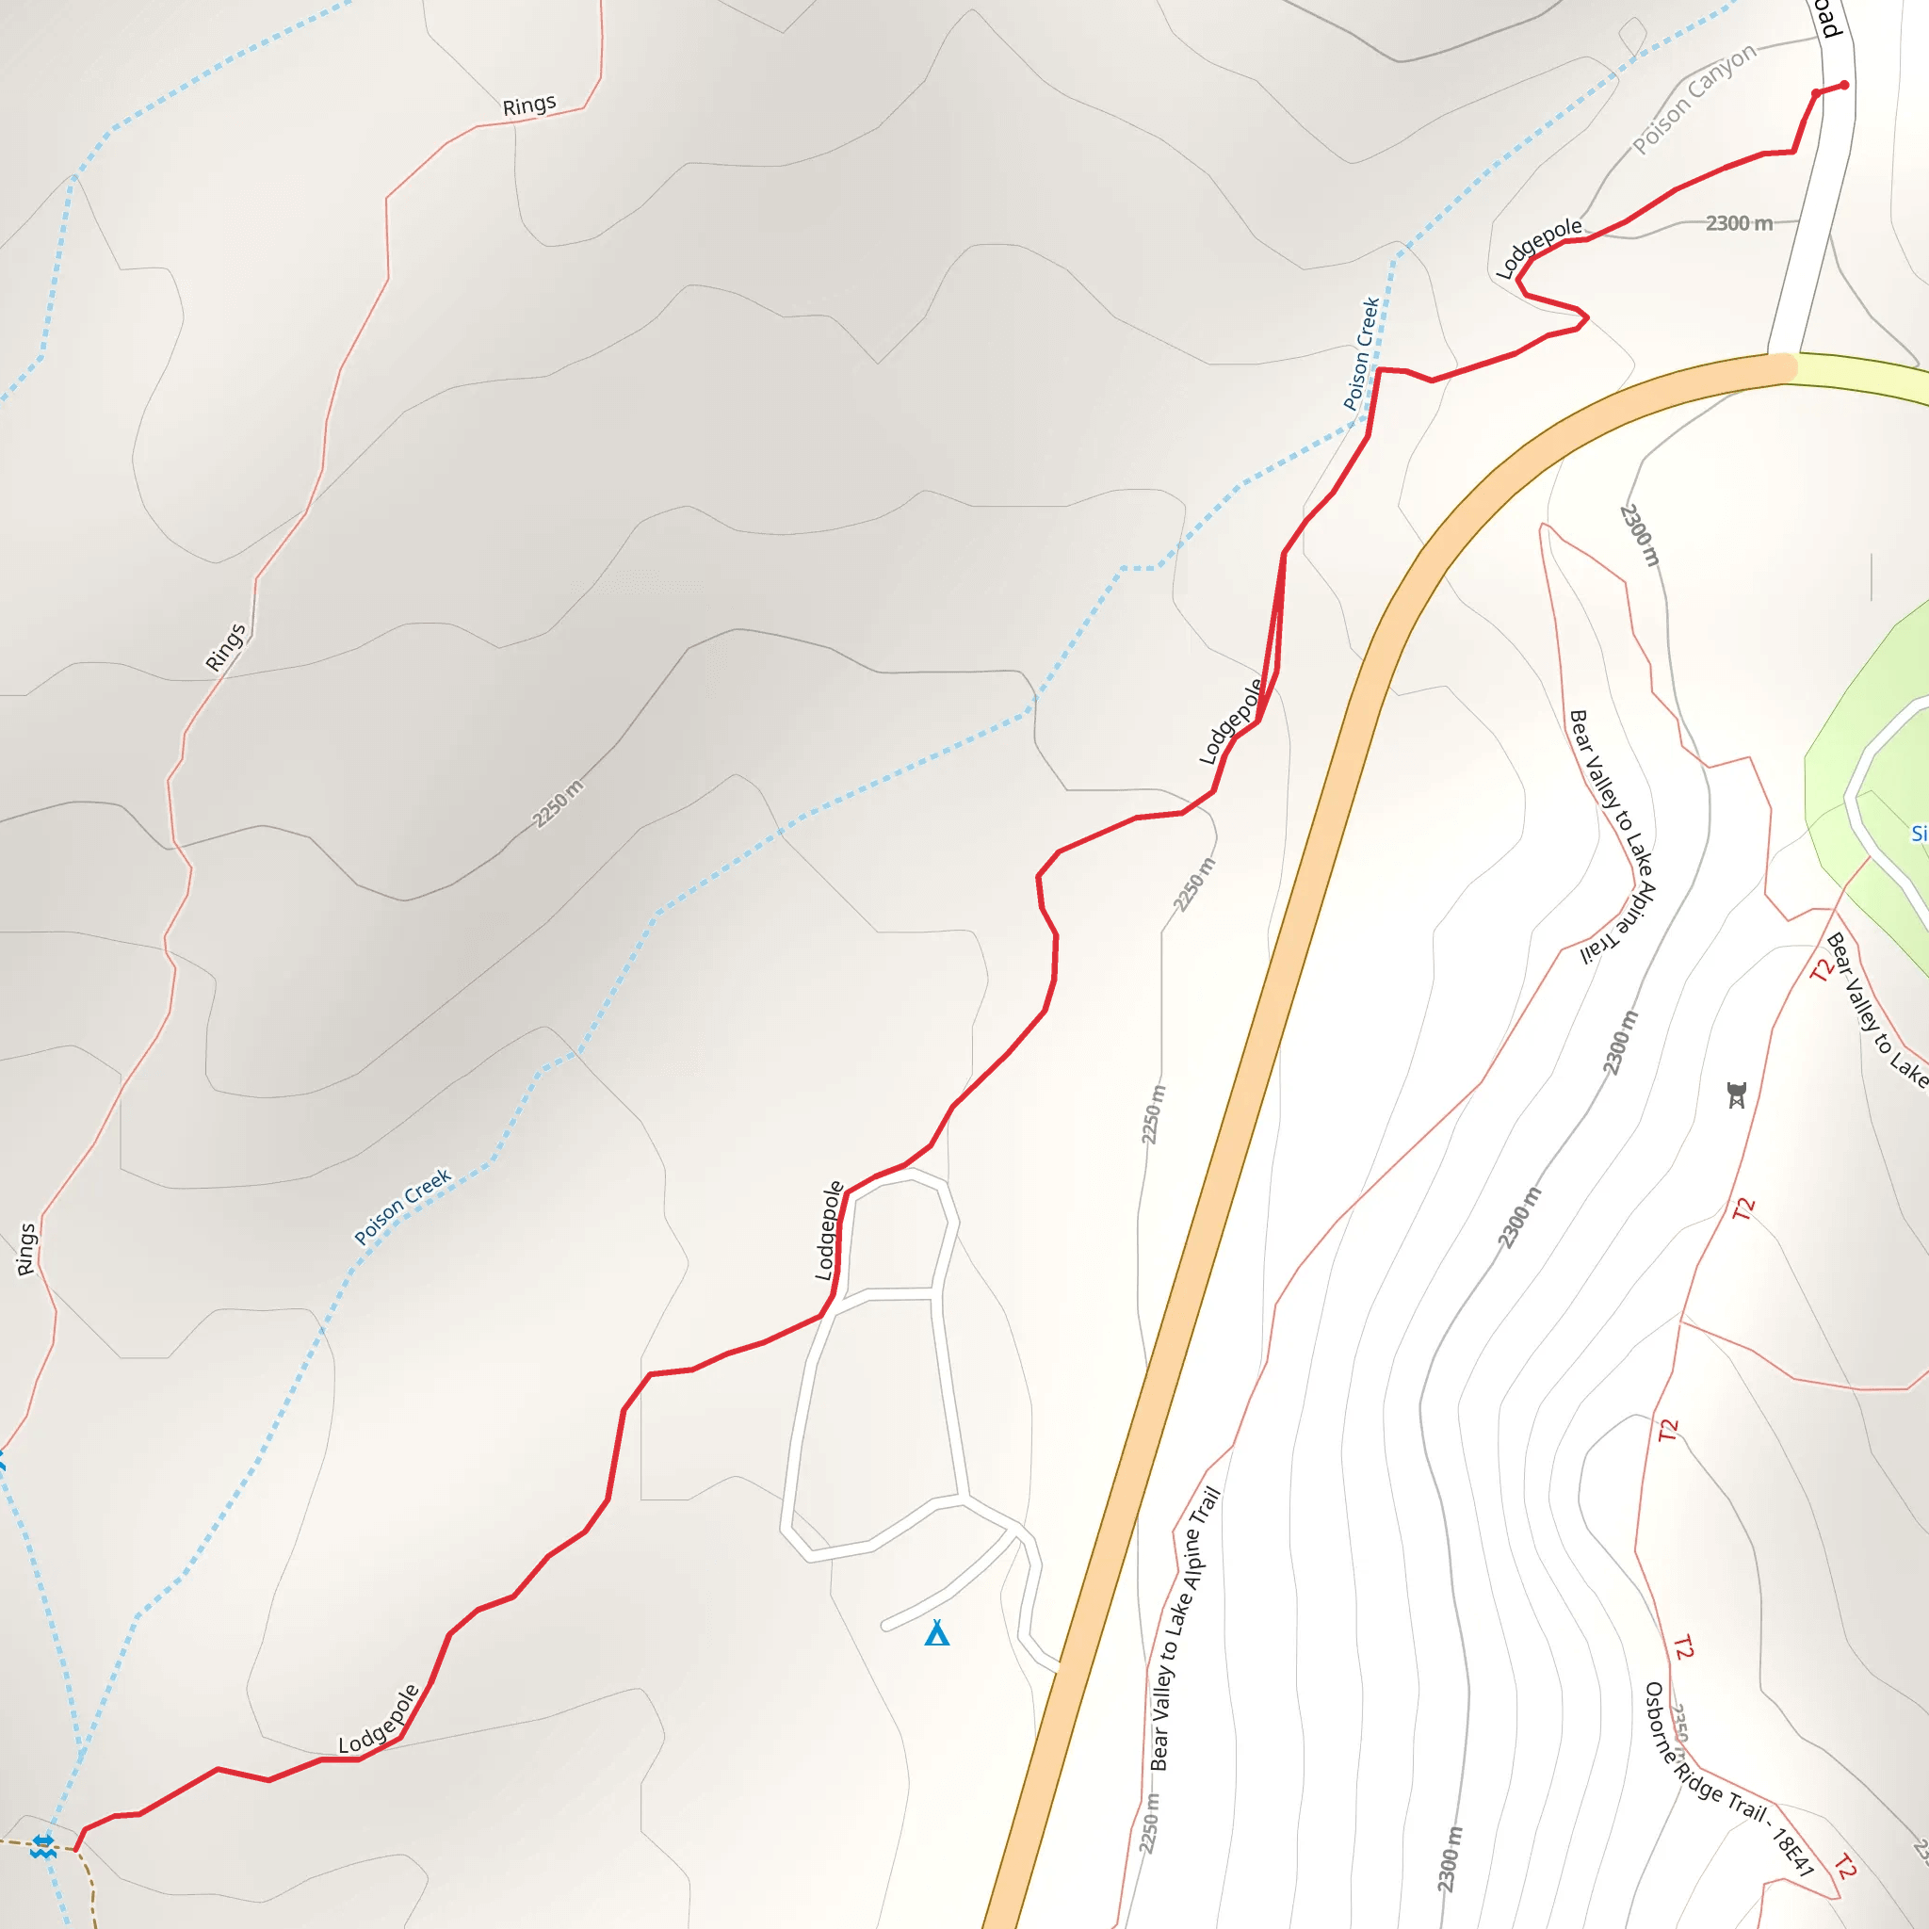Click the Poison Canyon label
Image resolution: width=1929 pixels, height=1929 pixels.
[1694, 99]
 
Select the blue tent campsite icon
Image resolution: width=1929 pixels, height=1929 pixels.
[936, 1633]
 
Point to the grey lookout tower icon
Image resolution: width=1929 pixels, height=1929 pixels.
[1737, 1095]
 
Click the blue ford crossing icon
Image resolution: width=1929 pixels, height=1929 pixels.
[42, 1846]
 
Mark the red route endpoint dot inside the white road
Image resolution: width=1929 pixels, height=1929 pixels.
[1844, 85]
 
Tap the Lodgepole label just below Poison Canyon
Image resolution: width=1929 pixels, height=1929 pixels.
[1539, 246]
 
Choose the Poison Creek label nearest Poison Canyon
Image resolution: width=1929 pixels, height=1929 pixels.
[1361, 353]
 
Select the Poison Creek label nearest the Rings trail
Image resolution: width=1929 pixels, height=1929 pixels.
[403, 1207]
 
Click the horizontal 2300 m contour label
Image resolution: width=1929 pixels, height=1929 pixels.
[1739, 223]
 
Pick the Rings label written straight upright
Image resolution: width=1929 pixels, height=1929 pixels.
[26, 1249]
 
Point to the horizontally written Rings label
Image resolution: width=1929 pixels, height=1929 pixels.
[529, 105]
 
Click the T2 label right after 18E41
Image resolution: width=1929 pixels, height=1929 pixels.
[1845, 1866]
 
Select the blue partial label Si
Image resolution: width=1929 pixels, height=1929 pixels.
[1918, 833]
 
